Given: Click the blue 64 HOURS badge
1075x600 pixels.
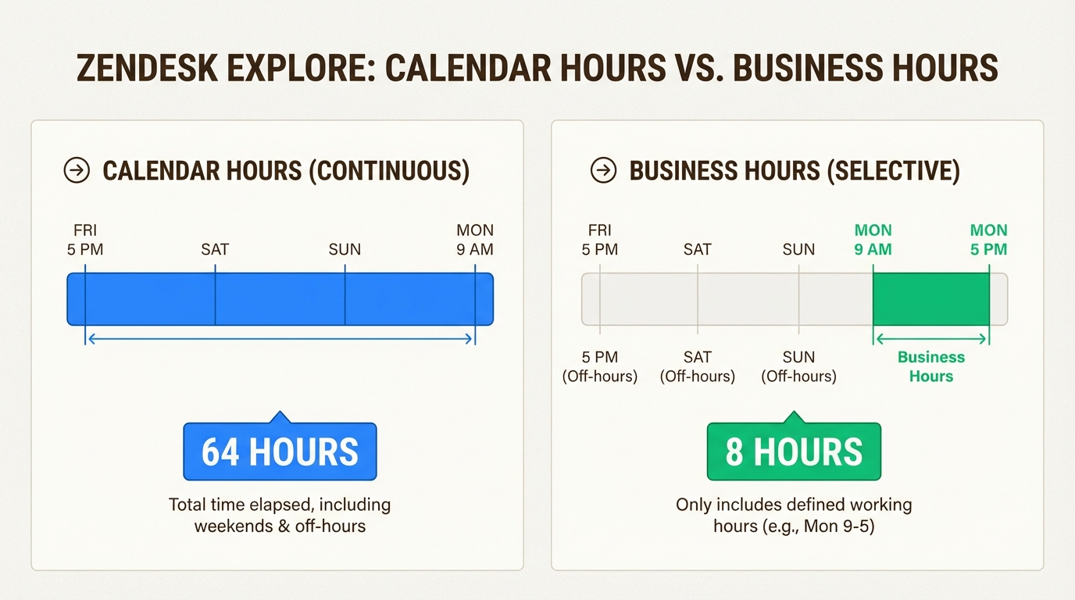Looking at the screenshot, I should click(280, 452).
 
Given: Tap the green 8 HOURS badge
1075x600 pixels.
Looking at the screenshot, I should click(794, 452).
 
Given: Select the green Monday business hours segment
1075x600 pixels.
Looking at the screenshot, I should click(930, 299).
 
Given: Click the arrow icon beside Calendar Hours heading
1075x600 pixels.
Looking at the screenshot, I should click(77, 170).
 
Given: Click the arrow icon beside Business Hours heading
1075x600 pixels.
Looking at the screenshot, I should click(603, 170).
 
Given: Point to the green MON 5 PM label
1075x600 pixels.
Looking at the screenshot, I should click(988, 240).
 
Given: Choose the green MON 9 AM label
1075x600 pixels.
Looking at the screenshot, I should click(873, 240).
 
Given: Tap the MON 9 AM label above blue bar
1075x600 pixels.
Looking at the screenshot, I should click(475, 240).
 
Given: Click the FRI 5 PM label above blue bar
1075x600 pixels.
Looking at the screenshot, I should click(85, 240).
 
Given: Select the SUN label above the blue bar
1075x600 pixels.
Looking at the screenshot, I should click(345, 249).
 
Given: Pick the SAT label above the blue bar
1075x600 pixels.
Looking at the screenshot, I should click(215, 249).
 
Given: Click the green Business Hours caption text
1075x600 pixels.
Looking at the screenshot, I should click(930, 366).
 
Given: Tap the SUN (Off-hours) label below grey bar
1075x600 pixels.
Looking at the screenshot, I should click(798, 366).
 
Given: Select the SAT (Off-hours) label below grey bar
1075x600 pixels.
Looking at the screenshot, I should click(698, 366).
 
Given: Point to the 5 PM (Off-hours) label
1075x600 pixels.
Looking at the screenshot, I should click(600, 366).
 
